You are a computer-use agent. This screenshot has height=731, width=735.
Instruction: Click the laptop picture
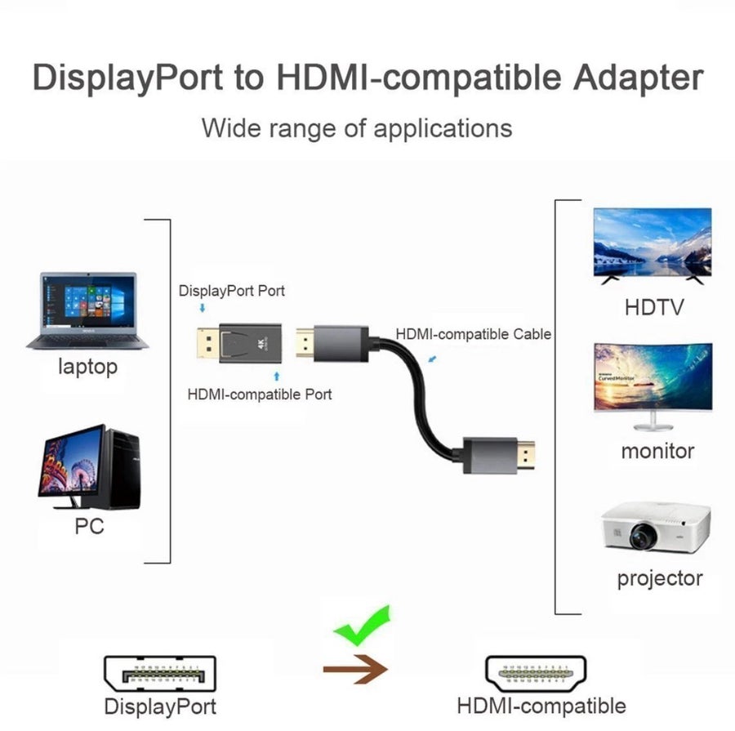click(x=87, y=310)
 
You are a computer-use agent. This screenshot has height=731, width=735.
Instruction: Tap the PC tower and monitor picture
click(x=90, y=467)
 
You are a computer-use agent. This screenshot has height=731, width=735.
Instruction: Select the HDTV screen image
click(x=653, y=246)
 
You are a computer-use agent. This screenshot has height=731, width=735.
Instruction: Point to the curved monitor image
click(x=653, y=386)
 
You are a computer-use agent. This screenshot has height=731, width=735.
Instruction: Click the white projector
click(x=656, y=527)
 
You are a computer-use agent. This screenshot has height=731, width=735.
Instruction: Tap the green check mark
click(x=362, y=625)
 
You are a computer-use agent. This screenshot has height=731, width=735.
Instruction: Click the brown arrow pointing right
click(x=355, y=669)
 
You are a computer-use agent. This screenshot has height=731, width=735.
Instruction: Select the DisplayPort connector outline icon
click(x=160, y=674)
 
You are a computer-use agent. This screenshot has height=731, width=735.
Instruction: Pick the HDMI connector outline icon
click(x=536, y=674)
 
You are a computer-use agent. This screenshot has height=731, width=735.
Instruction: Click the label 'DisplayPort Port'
click(x=232, y=291)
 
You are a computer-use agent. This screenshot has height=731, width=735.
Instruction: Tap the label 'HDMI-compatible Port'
click(x=259, y=394)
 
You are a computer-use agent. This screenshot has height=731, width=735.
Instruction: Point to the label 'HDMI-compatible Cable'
click(x=474, y=334)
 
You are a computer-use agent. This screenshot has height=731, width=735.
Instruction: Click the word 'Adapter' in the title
click(x=638, y=78)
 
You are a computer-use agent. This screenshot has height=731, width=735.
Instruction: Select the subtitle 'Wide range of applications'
click(x=357, y=128)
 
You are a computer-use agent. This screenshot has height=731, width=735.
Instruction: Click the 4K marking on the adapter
click(x=261, y=344)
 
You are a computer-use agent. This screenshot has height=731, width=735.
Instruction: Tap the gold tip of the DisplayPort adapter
click(x=207, y=343)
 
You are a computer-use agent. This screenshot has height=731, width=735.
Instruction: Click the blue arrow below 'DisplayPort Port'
click(x=203, y=308)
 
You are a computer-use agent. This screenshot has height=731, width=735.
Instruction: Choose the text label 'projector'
click(x=660, y=578)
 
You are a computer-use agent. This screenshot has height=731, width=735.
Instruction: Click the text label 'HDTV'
click(x=654, y=308)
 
